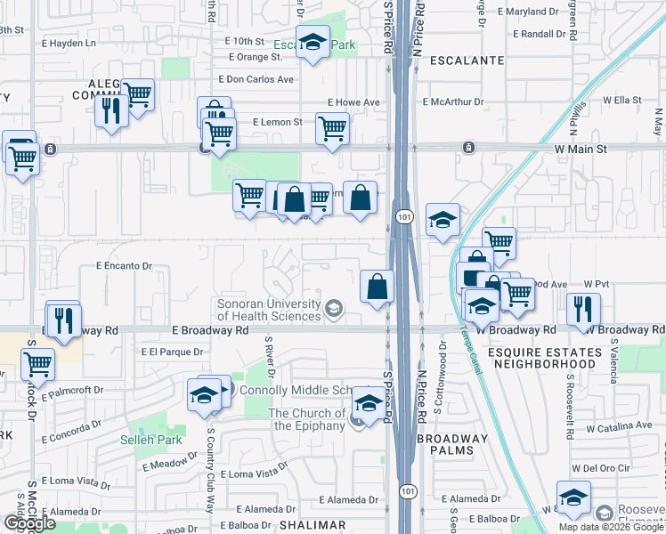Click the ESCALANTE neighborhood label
(467, 61)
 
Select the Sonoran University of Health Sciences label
(269, 310)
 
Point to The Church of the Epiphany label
(308, 419)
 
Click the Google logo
(29, 523)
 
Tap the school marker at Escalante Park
(313, 43)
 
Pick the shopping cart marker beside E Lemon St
(332, 128)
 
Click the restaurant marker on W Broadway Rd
(583, 309)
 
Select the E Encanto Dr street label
(124, 265)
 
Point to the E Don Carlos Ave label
(260, 78)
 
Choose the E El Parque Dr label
(172, 352)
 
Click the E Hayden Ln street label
(68, 42)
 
